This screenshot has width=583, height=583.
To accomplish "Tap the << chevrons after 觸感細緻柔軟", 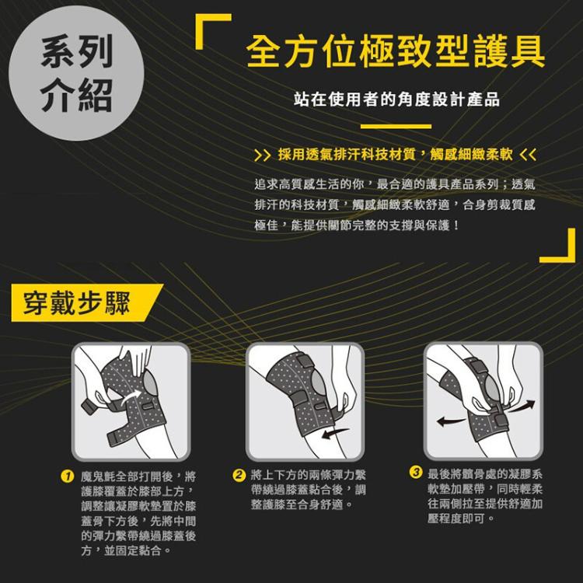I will [x=528, y=152].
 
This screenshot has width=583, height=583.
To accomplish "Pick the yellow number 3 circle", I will [x=416, y=473].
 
